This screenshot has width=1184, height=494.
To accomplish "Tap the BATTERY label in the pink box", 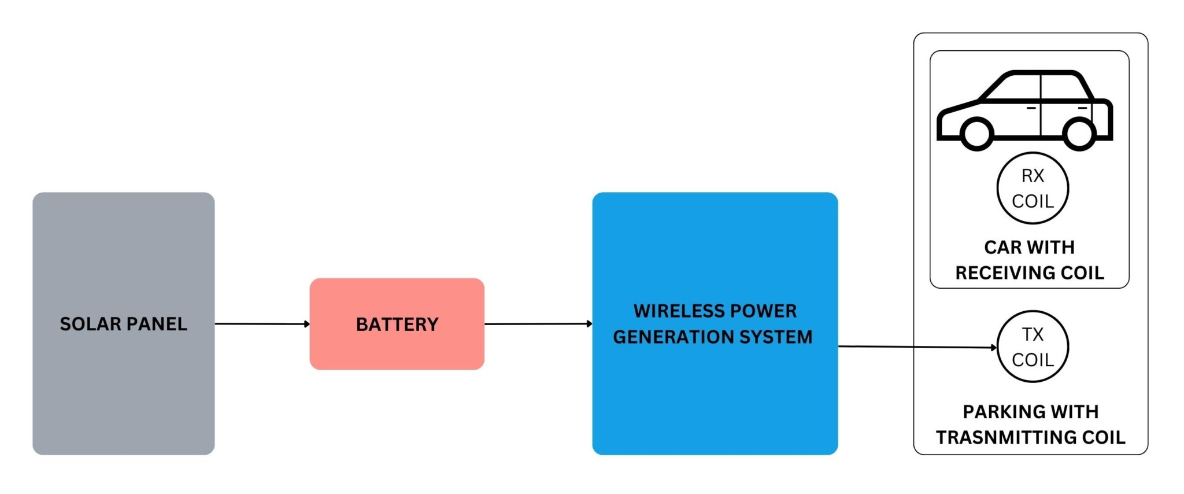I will click(397, 325).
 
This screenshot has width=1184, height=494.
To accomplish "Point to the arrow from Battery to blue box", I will click(538, 324).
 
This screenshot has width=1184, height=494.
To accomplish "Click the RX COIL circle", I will click(1033, 189).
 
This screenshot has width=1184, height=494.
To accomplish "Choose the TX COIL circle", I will click(1033, 347).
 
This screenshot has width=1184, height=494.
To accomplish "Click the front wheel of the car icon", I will click(977, 134).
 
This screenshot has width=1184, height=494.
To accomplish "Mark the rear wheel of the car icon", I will click(1079, 134).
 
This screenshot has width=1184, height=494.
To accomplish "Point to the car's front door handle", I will click(1031, 108).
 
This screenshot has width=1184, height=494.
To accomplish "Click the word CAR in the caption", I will click(1003, 248).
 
